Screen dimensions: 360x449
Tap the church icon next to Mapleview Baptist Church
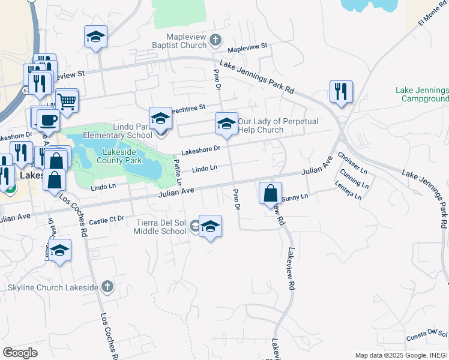pyautogui.click(x=217, y=41)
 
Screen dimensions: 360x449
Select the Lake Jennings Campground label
pyautogui.click(x=422, y=94)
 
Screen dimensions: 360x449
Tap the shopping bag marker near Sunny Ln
pyautogui.click(x=271, y=194)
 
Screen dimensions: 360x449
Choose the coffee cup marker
pyautogui.click(x=48, y=119)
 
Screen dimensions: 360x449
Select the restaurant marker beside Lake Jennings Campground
pyautogui.click(x=340, y=92)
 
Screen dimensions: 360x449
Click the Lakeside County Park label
pyautogui.click(x=114, y=157)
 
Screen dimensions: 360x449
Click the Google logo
pyautogui.click(x=20, y=352)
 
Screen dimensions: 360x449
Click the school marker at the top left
pyautogui.click(x=95, y=37)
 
